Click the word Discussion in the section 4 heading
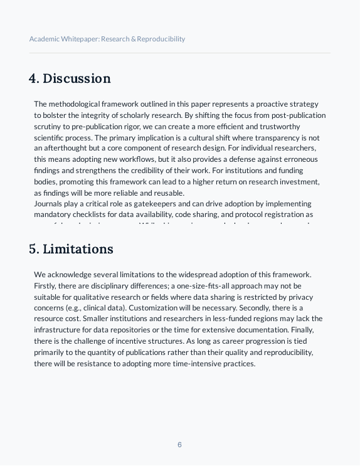pos(77,78)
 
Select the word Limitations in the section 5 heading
pos(78,249)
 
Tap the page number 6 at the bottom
pos(179,445)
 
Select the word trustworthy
pos(297,127)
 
